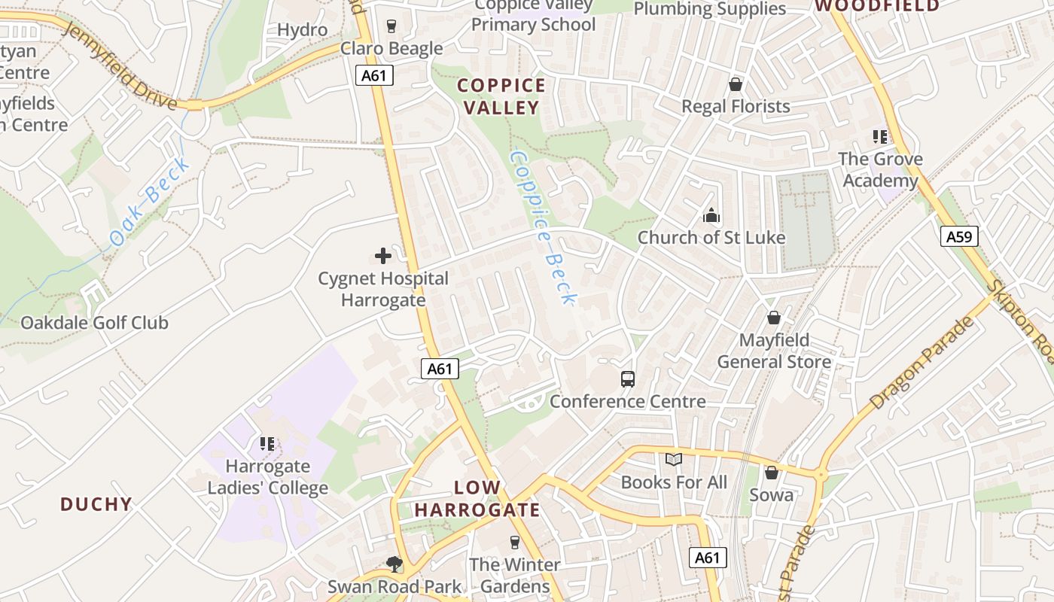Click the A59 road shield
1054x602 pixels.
pos(959,237)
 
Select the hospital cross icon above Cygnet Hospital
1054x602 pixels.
pos(383,256)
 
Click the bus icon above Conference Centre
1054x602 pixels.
pos(627,379)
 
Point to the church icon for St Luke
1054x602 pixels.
pos(711,216)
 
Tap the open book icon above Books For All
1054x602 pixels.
pos(673,459)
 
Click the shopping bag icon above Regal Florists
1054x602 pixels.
pos(735,84)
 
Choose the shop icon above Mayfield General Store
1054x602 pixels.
pos(773,318)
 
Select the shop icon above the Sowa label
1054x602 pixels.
pos(771,473)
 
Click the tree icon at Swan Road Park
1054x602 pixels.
pos(393,564)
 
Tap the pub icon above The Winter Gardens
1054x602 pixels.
pos(515,542)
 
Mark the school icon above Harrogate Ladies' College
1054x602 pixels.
pos(267,444)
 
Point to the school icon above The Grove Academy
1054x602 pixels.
pos(879,137)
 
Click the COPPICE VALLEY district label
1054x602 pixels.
pos(501,96)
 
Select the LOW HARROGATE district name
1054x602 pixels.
pos(477,498)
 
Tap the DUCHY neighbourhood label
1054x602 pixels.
pos(96,504)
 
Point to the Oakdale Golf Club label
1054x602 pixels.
pos(94,323)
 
